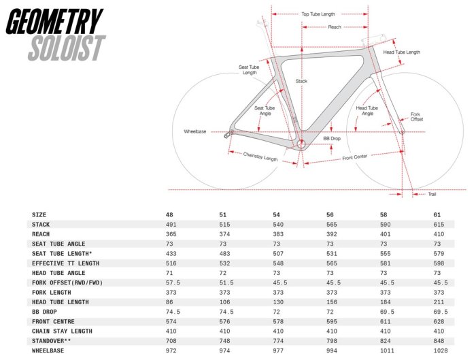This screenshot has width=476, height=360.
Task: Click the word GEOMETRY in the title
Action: pos(54,21)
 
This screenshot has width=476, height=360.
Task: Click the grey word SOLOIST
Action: pos(67,48)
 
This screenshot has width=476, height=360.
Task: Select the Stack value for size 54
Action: pos(278,225)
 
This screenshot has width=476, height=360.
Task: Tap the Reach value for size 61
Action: pos(439,234)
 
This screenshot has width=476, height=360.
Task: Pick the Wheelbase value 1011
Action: pos(387,350)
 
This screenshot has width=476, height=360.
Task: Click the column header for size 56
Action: pos(330,215)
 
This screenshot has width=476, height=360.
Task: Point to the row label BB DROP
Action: pos(44,312)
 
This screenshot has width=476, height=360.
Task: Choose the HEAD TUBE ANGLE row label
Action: pos(58,273)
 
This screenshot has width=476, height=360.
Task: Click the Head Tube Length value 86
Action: pos(169,302)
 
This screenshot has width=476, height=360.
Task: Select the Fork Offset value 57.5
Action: pos(173,282)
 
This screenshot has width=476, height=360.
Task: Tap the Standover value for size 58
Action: pos(386,341)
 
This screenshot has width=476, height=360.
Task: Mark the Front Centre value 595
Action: pos(332,321)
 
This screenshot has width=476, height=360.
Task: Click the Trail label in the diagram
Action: pos(432,194)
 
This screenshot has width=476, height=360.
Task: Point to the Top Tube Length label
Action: pos(318,14)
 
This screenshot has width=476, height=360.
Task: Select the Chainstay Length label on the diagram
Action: pos(260,157)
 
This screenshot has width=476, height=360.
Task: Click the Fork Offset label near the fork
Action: pos(416,116)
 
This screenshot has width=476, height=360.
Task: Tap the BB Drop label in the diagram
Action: pos(332,139)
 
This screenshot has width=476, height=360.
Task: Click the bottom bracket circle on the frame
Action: pos(301,144)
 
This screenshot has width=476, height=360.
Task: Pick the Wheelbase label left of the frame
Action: pos(195,131)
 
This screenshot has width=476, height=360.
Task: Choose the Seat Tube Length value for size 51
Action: pos(224,253)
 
